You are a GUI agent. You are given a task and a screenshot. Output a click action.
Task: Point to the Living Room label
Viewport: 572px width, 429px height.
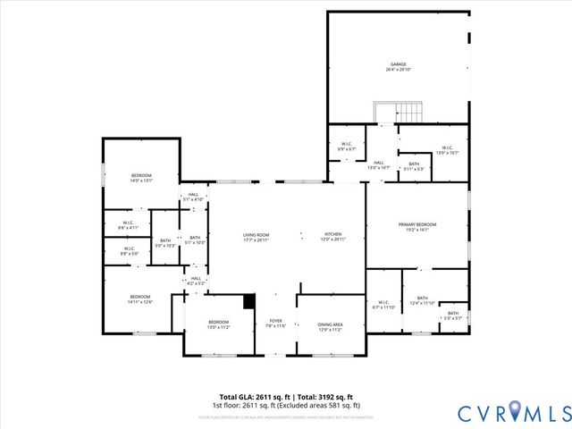pyautogui.click(x=257, y=237)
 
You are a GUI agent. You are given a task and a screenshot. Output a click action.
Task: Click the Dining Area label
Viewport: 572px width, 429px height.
pyautogui.click(x=331, y=326)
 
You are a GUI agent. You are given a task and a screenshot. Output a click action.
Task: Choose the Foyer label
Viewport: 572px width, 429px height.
pyautogui.click(x=275, y=323)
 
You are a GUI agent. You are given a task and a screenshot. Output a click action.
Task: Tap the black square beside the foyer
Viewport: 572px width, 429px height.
pyautogui.click(x=249, y=302)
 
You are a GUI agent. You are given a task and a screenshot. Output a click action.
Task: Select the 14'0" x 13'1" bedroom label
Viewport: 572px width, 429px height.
pyautogui.click(x=142, y=177)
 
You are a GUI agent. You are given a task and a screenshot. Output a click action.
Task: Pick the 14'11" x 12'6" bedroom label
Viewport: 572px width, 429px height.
pyautogui.click(x=139, y=299)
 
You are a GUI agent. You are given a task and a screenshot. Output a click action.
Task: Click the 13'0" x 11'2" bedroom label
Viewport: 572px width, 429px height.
pyautogui.click(x=219, y=324)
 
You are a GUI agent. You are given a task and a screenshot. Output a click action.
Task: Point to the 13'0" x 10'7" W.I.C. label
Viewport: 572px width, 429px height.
pyautogui.click(x=446, y=150)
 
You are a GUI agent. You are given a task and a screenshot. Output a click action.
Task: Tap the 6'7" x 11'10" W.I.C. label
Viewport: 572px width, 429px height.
pyautogui.click(x=383, y=305)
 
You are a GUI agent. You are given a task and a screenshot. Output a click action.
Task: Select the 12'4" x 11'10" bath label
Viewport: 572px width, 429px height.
pyautogui.click(x=422, y=300)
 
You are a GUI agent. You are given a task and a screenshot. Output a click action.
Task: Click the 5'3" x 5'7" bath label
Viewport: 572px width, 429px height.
pyautogui.click(x=453, y=315)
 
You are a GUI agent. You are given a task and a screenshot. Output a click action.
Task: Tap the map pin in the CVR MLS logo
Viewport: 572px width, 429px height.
pyautogui.click(x=516, y=412)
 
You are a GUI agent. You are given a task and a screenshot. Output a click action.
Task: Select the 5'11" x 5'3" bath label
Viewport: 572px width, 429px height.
pyautogui.click(x=414, y=166)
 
